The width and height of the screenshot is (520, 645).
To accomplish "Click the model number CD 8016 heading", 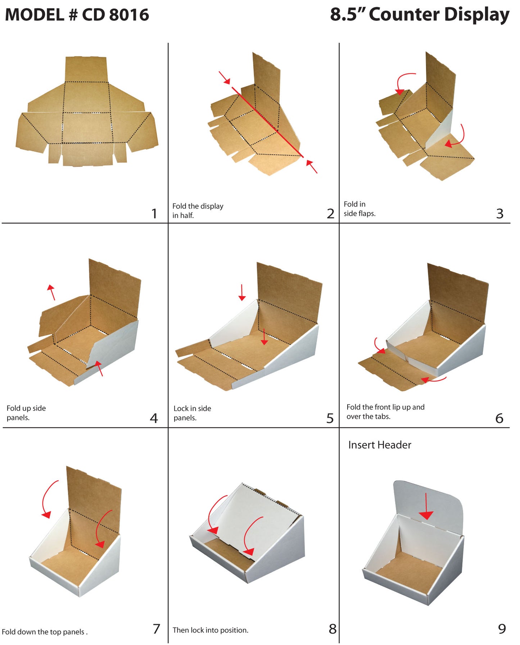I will pyautogui.click(x=77, y=15).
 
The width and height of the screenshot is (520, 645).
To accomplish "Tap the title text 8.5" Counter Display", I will pyautogui.click(x=420, y=15).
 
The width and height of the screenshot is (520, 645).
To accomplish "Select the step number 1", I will pyautogui.click(x=154, y=214).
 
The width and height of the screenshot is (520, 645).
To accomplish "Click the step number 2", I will pyautogui.click(x=330, y=214).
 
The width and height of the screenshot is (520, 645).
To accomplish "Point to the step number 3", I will pyautogui.click(x=499, y=214).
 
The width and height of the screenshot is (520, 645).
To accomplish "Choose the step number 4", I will pyautogui.click(x=154, y=418).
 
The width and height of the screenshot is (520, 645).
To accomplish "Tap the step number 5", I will pyautogui.click(x=330, y=418).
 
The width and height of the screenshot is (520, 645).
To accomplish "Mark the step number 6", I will pyautogui.click(x=499, y=418).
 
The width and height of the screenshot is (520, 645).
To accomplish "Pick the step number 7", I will pyautogui.click(x=156, y=629).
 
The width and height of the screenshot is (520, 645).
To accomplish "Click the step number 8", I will pyautogui.click(x=333, y=629).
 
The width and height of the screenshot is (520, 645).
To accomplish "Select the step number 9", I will pyautogui.click(x=502, y=629).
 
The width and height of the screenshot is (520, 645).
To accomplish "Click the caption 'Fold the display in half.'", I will pyautogui.click(x=198, y=211).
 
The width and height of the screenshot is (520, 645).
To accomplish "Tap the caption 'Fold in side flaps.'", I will pyautogui.click(x=359, y=209).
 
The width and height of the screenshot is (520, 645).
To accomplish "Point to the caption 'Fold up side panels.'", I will pyautogui.click(x=26, y=413).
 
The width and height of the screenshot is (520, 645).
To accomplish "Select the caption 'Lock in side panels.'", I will pyautogui.click(x=192, y=413).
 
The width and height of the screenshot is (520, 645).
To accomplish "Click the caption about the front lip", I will pyautogui.click(x=385, y=412).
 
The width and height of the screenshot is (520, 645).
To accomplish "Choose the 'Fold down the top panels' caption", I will pyautogui.click(x=45, y=632).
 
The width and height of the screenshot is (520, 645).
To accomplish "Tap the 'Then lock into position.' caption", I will pyautogui.click(x=211, y=630).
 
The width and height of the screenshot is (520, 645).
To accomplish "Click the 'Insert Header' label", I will pyautogui.click(x=380, y=445).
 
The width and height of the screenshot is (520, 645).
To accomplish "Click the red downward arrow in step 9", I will pyautogui.click(x=426, y=507).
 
